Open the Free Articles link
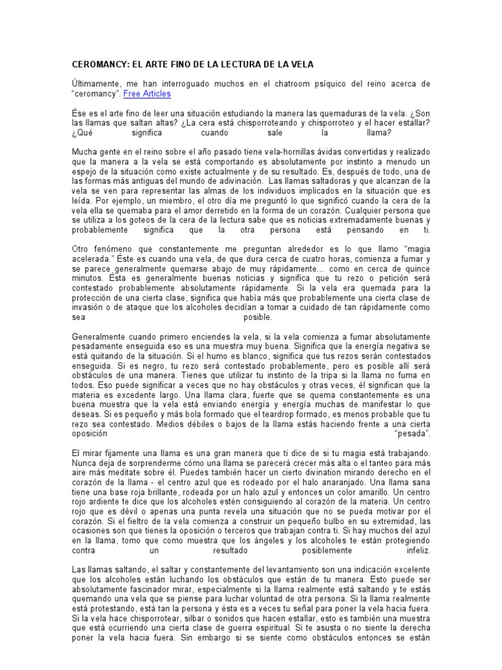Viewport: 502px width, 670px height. pos(147,94)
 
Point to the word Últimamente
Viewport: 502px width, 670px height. pos(95,84)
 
